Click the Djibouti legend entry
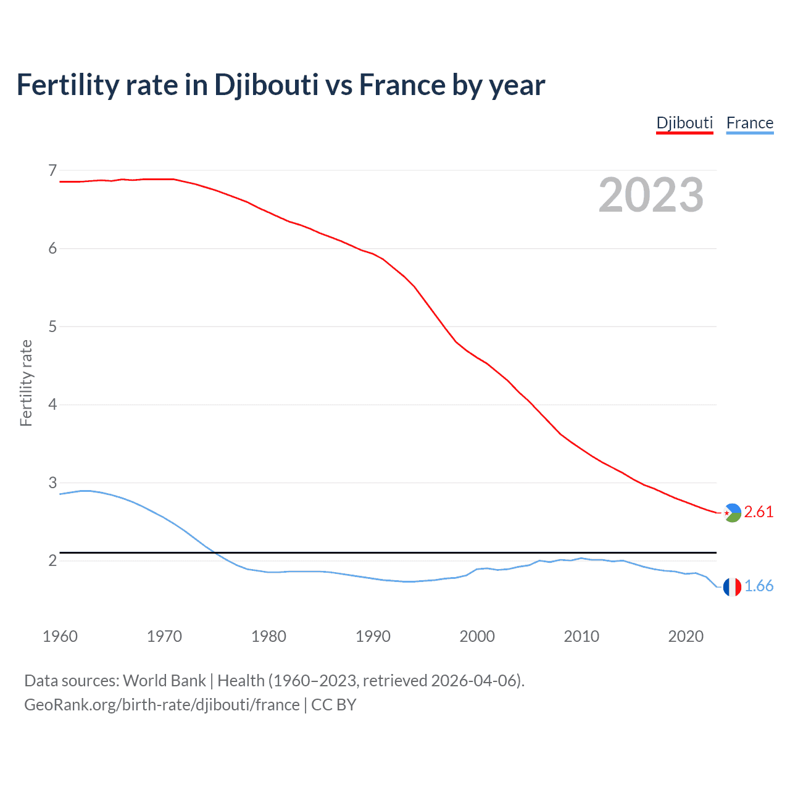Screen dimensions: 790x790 [684, 123]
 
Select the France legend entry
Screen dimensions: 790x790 [749, 123]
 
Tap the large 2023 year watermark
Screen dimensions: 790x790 [651, 195]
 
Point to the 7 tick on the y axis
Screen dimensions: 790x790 [52, 170]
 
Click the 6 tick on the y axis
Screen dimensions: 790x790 [52, 248]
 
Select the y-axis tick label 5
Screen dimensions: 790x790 [52, 326]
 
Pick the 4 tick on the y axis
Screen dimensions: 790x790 [52, 404]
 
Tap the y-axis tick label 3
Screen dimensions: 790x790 [52, 483]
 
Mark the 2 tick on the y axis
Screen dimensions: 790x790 [52, 560]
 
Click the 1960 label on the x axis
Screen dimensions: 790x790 [60, 636]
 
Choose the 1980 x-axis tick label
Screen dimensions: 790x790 [268, 636]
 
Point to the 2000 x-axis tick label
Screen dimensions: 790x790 [477, 636]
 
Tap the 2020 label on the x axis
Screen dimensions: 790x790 [686, 636]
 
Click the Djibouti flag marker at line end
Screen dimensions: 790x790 [732, 512]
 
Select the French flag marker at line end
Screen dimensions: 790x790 [732, 587]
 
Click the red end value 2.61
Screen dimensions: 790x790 [759, 512]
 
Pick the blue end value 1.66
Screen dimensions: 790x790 [759, 586]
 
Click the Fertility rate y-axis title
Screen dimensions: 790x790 [26, 383]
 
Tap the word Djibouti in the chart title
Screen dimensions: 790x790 [266, 85]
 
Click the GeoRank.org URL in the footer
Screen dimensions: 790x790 [162, 705]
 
